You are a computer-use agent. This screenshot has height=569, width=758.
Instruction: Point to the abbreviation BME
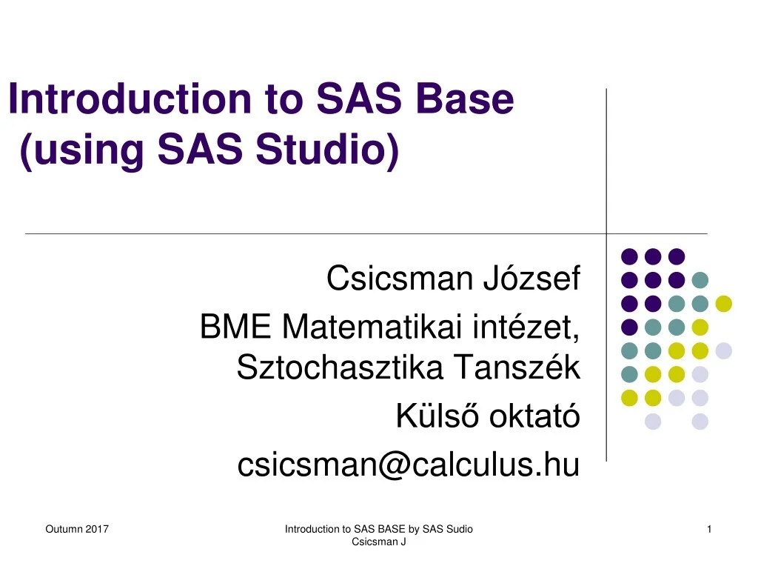coord(235,327)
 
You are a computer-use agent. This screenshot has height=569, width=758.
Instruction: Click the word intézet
coord(528,327)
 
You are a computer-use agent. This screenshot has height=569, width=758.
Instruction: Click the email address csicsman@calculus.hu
coord(408,465)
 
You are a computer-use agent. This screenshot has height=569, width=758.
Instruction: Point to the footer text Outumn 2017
coord(77,529)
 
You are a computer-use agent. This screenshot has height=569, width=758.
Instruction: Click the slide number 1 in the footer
coord(709,529)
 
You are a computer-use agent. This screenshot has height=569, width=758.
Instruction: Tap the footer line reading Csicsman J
coord(378,542)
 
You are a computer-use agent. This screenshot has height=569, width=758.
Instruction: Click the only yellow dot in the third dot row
coord(723,303)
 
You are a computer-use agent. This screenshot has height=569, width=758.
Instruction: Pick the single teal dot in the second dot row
coord(700,280)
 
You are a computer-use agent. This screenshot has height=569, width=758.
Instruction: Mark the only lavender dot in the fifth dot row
coord(723,350)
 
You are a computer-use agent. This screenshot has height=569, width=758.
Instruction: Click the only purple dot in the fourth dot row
coord(629,327)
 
